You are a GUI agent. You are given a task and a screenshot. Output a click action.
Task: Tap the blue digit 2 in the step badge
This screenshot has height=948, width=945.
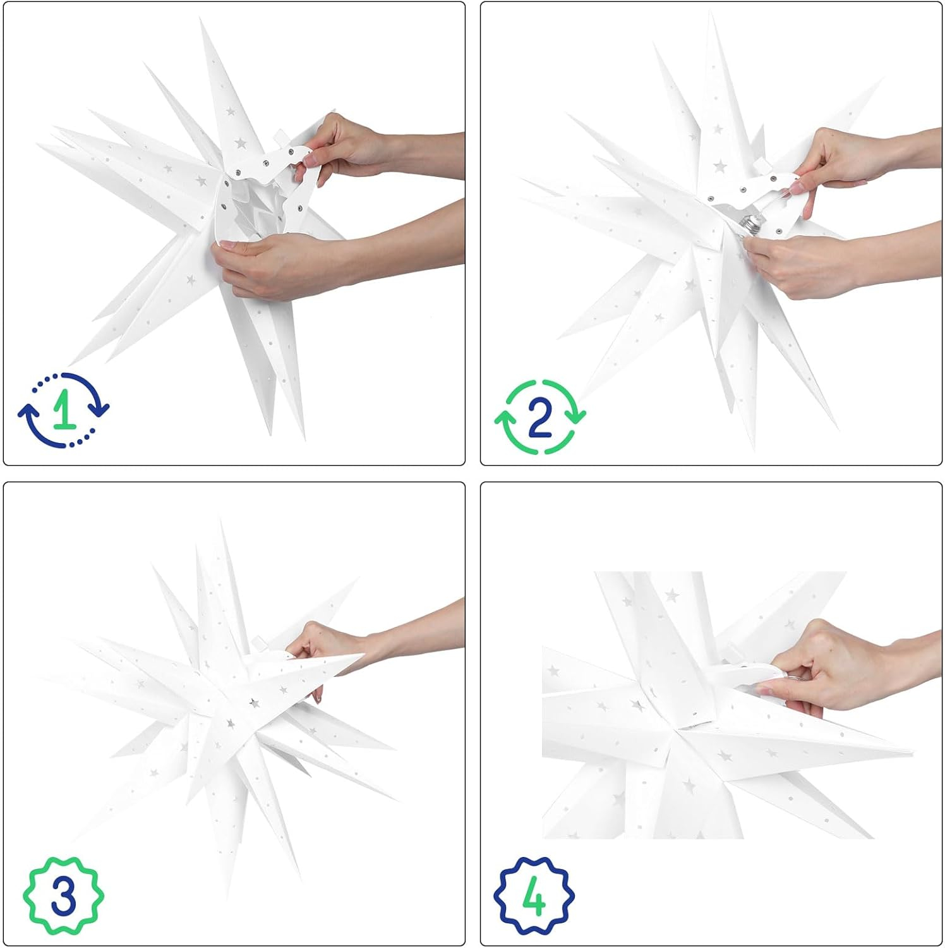click(x=540, y=417)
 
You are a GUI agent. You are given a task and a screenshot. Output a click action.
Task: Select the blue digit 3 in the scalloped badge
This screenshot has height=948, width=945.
click(x=63, y=896)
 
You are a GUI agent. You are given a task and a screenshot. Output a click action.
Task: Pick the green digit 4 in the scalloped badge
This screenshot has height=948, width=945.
click(x=534, y=896)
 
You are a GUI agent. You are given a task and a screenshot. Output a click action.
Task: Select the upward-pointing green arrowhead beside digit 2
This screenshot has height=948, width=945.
click(x=504, y=418)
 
